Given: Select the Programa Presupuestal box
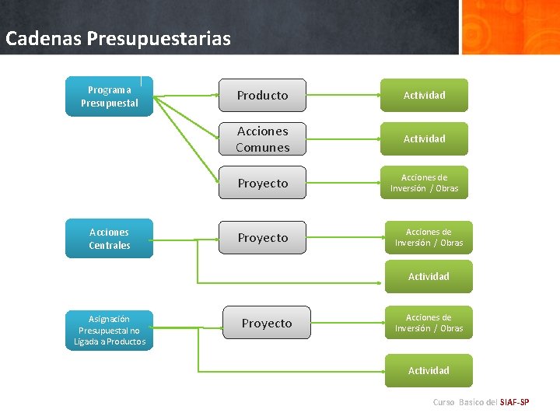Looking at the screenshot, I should point(109,96).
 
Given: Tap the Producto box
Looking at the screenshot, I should point(262,95).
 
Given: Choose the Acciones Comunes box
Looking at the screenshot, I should point(262,139).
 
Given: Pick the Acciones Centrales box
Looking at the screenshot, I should point(109,238).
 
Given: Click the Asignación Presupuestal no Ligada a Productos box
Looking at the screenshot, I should point(109,331).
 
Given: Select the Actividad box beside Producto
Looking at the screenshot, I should point(424,95).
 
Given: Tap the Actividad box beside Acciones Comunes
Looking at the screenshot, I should point(424,138).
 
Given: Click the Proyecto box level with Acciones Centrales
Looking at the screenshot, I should point(262,237).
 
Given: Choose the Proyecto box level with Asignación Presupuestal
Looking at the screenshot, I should point(267,323).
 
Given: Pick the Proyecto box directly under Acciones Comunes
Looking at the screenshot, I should point(262,183).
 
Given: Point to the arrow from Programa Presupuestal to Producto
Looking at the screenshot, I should point(187,96).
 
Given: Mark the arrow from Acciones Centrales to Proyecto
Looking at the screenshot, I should point(187,238).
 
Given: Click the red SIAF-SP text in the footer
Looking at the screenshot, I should point(514,402).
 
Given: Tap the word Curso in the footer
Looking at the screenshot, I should point(443,402).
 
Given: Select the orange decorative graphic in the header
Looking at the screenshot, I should point(509,26).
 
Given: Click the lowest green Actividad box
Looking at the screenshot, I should point(429,370).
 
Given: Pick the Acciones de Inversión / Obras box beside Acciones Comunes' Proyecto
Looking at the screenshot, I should point(424,183).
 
